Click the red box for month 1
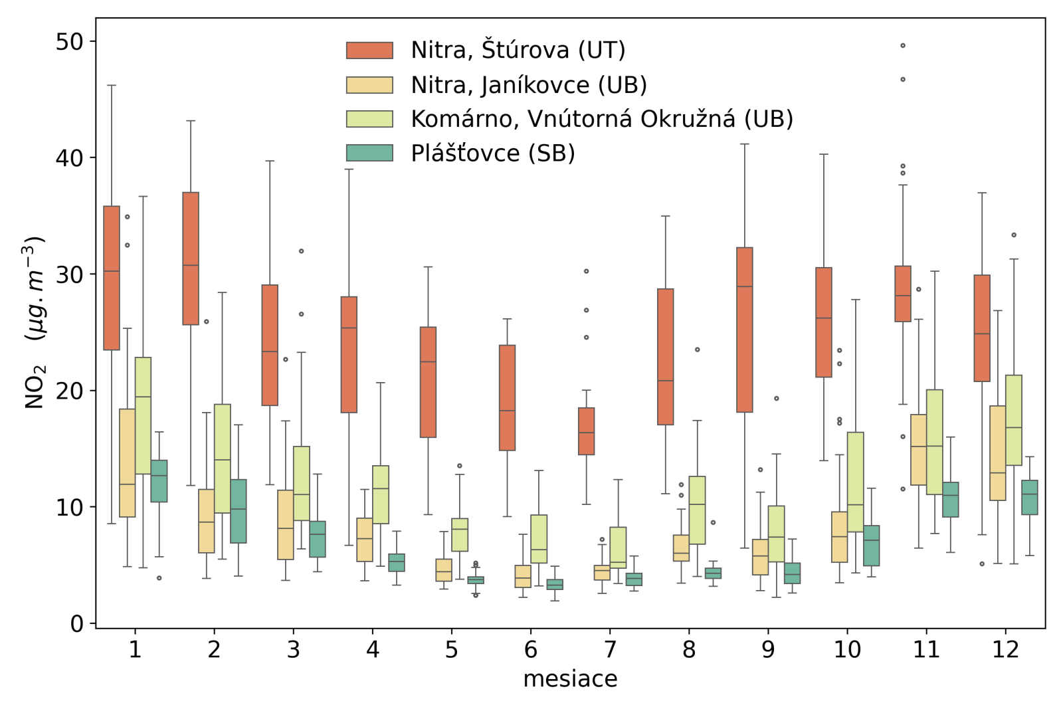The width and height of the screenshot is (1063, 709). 112,278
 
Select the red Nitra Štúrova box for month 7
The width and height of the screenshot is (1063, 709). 586,431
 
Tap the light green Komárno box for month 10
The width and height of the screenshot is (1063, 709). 855,482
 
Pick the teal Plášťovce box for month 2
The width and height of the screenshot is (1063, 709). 239,511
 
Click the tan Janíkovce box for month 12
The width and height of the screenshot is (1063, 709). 997,453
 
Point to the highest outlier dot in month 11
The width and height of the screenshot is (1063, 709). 903,46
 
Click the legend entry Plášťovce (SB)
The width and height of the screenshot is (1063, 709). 492,153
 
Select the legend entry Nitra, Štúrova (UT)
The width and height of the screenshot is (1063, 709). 518,51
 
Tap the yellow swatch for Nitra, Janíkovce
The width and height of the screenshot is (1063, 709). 369,85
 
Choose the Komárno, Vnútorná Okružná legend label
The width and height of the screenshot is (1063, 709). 601,119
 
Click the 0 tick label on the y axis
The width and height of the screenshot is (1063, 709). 77,624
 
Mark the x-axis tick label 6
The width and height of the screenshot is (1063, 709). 530,650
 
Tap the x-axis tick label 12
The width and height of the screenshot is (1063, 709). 1005,650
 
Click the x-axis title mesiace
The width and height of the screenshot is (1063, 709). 570,679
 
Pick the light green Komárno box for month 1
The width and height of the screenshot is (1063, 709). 143,415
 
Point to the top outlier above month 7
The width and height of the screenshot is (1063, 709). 586,271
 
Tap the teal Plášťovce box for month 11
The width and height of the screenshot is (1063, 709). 950,500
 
